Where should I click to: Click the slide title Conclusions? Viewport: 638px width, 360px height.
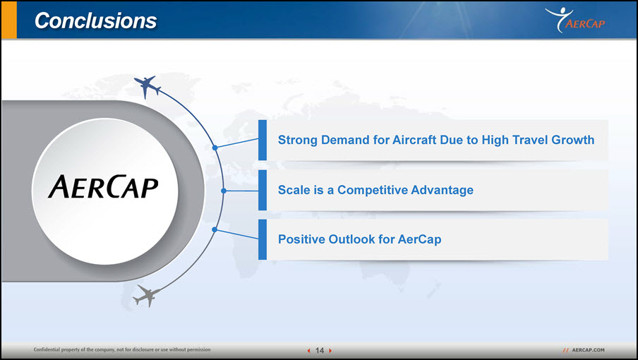coord(95,20)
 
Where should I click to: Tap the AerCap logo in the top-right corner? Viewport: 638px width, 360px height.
coord(575,20)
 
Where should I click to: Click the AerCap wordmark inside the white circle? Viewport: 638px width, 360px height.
coord(103,187)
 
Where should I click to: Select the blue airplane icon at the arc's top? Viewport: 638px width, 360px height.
coord(147,86)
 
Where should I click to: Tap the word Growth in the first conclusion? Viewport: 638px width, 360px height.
coord(572,140)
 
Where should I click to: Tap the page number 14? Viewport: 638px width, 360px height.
coord(320,350)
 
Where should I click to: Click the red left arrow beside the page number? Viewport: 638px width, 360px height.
coord(308,351)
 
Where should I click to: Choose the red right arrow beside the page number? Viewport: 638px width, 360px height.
coord(330,351)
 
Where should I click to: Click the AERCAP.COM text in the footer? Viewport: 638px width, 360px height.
coord(588,350)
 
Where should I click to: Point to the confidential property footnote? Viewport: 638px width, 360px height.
coord(122,349)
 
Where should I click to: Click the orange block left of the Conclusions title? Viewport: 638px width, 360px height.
coord(9,20)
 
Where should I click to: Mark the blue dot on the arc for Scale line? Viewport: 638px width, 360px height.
coord(224,191)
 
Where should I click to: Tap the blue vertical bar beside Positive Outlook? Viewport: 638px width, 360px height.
coord(263,239)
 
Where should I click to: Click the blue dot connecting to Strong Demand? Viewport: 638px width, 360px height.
coord(215,148)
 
